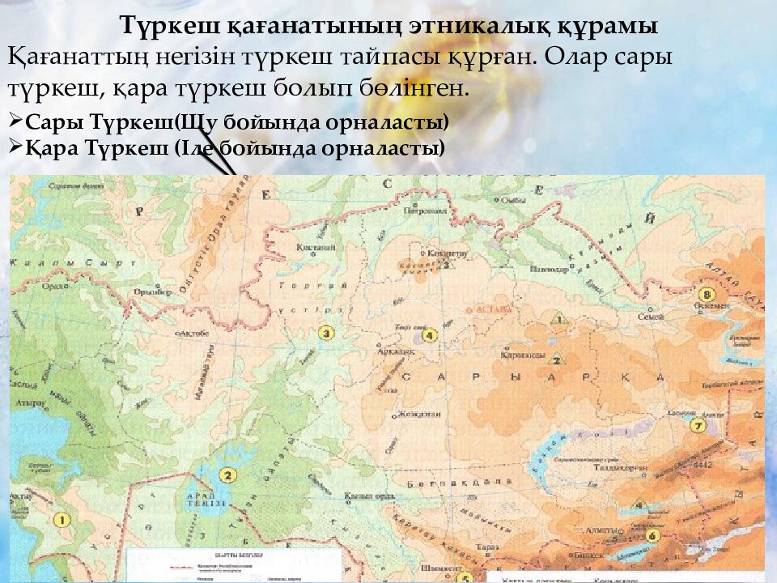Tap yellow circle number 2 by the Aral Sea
click(x=228, y=475)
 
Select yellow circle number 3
click(x=326, y=333)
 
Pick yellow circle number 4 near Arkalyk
click(x=430, y=334)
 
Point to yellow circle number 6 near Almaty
click(x=653, y=535)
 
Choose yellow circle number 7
click(x=695, y=424)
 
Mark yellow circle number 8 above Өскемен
click(x=708, y=294)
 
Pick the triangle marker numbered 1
click(x=556, y=318)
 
